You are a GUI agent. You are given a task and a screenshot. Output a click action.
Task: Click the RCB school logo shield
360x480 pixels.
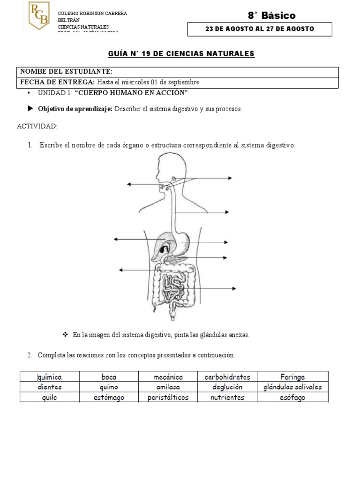click(39, 15)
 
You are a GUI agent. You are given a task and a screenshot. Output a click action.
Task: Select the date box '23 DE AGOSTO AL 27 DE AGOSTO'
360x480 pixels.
click(260, 29)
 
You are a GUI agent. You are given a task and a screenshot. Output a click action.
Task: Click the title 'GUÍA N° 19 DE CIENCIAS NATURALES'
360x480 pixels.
click(181, 54)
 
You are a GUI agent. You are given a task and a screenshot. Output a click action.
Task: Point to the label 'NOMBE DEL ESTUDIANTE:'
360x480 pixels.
click(66, 72)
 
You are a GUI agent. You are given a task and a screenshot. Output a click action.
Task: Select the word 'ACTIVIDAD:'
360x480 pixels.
click(37, 127)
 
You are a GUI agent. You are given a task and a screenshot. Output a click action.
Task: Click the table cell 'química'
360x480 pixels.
click(49, 377)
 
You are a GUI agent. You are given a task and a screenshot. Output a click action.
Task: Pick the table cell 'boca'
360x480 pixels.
click(109, 377)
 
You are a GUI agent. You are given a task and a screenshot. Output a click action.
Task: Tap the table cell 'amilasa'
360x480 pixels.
click(168, 387)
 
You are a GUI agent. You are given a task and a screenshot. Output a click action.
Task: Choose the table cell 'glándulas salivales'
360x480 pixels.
click(292, 387)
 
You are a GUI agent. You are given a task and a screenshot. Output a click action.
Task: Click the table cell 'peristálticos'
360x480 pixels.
click(168, 397)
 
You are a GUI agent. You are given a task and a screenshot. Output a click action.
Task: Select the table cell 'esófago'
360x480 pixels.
click(292, 397)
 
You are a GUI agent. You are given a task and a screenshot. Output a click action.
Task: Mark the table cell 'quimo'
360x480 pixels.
click(109, 387)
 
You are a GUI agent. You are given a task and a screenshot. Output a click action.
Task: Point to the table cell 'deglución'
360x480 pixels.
click(227, 387)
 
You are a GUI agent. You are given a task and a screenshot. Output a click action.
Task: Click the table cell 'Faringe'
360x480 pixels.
click(292, 377)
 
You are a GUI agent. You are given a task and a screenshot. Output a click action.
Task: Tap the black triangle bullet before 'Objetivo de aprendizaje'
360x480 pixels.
click(30, 109)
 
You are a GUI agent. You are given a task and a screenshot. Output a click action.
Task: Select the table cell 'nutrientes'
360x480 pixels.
click(227, 397)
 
